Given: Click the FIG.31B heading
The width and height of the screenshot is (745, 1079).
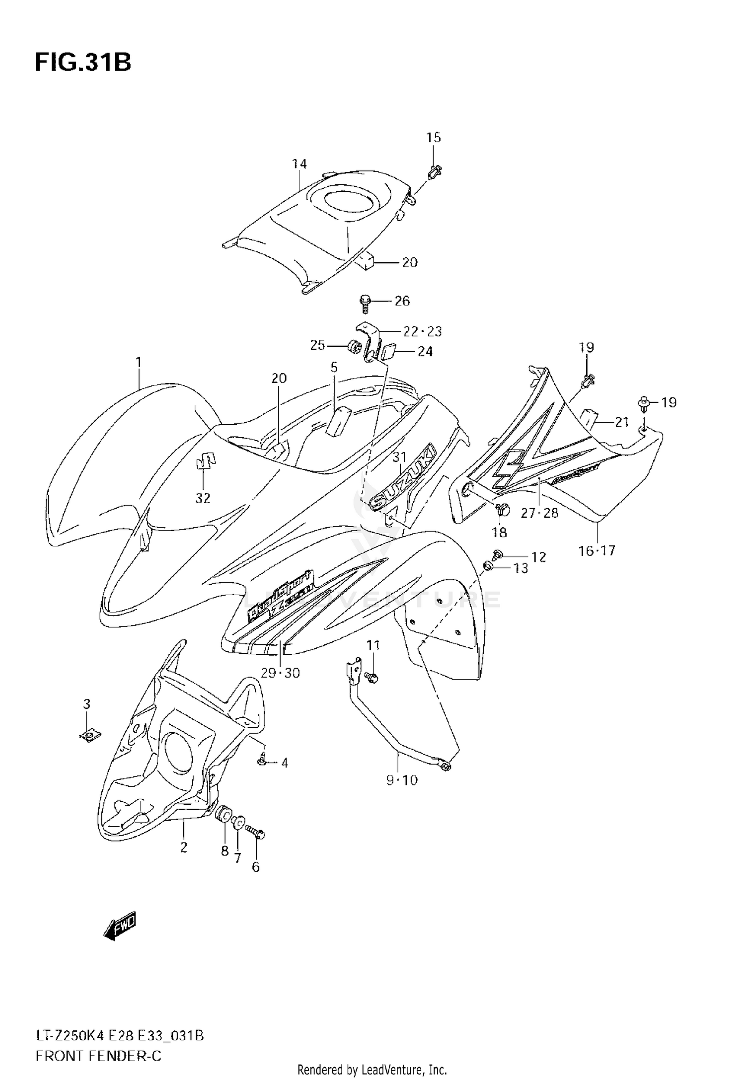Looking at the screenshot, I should (x=83, y=63).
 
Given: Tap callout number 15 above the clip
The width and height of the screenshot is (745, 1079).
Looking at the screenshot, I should (x=434, y=138).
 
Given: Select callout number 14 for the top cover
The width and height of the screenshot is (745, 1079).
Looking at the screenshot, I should (x=299, y=163).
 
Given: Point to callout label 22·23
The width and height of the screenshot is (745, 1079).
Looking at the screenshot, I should (x=422, y=331).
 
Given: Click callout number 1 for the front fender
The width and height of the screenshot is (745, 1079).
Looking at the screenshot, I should (x=139, y=362).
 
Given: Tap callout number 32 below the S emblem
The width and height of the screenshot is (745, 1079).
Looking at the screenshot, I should (x=203, y=498).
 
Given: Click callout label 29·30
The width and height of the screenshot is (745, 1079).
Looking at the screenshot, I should (x=281, y=673).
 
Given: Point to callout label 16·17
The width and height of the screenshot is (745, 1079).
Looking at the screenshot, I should (x=597, y=550).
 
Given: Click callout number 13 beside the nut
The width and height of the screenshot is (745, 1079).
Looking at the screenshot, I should (x=521, y=568).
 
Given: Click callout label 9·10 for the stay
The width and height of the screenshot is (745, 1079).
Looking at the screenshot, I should (x=402, y=780).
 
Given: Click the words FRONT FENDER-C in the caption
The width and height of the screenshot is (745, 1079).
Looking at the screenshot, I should (x=98, y=1042).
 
